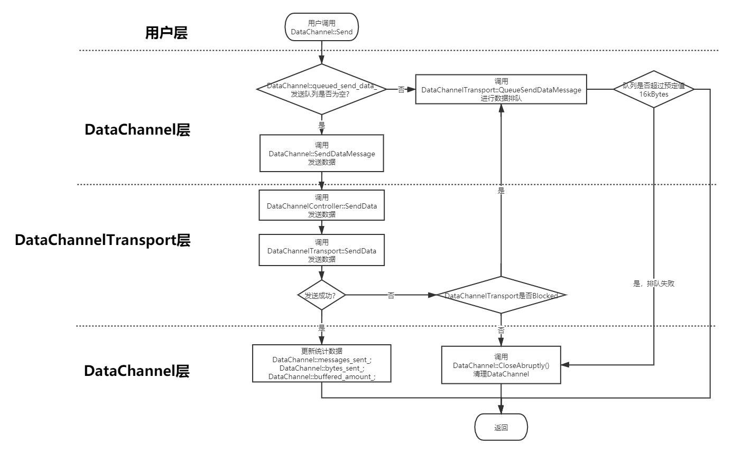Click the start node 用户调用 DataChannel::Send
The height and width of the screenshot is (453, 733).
321,27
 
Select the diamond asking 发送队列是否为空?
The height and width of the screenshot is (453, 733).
321,89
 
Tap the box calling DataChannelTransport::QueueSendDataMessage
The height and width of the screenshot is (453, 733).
501,89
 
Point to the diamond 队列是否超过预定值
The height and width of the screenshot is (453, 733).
654,89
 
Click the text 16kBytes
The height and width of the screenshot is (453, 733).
654,95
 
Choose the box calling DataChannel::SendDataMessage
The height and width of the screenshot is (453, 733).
321,153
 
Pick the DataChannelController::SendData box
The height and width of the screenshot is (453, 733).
321,205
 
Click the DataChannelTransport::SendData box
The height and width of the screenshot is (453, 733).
321,250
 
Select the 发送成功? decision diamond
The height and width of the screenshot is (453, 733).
321,296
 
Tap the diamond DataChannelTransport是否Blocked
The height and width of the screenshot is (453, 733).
501,296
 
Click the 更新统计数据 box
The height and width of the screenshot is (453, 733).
321,363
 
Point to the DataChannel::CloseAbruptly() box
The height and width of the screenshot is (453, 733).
501,365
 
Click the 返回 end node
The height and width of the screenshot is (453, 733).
501,428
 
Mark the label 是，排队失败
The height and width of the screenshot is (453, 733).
654,284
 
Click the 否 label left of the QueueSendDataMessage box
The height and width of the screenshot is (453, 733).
401,90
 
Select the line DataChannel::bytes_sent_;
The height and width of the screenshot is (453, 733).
321,368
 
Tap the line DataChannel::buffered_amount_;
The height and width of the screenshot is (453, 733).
321,376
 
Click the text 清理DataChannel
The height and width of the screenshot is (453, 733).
501,374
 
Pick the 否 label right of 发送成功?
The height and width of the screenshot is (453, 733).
391,296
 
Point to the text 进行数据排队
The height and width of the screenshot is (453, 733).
501,98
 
